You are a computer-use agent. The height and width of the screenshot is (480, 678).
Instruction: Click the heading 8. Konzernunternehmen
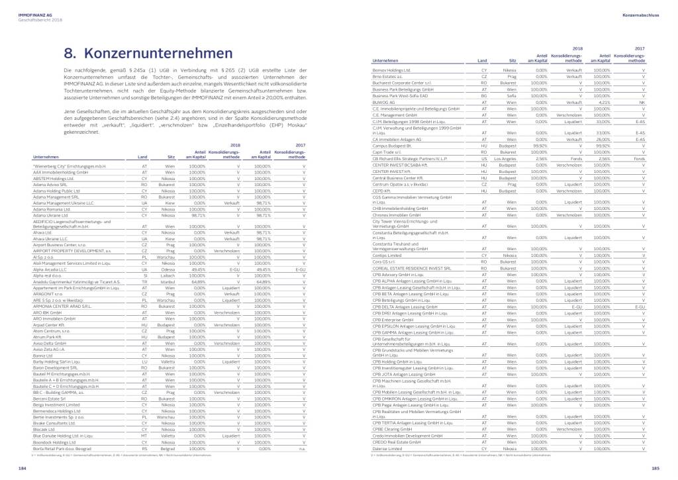click(148, 53)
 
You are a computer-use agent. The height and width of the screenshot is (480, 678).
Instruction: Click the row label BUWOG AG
click(383, 103)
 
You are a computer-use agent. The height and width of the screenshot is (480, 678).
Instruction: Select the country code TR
click(144, 282)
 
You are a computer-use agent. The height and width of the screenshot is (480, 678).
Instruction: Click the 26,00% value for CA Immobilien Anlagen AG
click(603, 140)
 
